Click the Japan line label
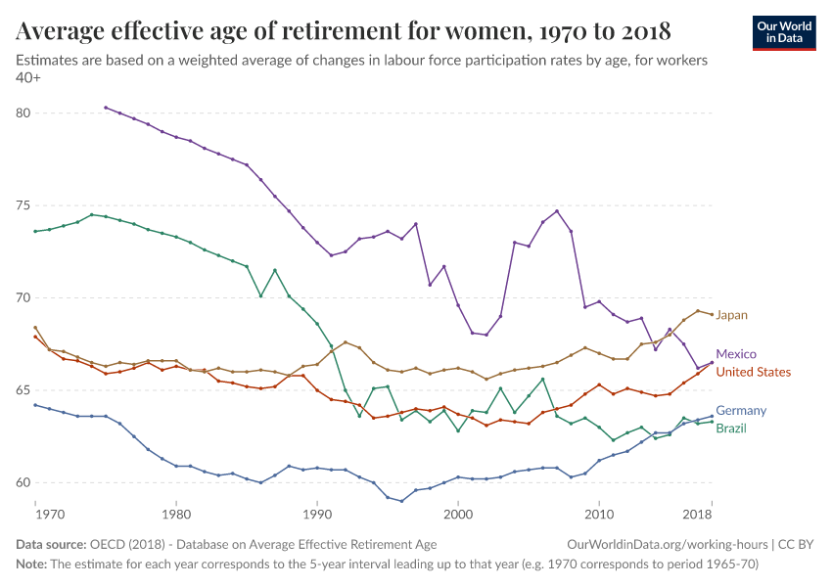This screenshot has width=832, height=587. pyautogui.click(x=731, y=315)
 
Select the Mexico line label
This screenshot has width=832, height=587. pyautogui.click(x=735, y=354)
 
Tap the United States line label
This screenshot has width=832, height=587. pyautogui.click(x=753, y=372)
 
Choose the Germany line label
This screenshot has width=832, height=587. pyautogui.click(x=740, y=411)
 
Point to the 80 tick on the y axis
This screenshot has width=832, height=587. pyautogui.click(x=23, y=113)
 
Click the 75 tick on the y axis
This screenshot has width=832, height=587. pyautogui.click(x=23, y=205)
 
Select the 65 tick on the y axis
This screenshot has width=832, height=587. pyautogui.click(x=23, y=390)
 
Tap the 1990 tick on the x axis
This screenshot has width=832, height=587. pyautogui.click(x=317, y=515)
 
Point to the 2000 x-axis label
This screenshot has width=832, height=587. pyautogui.click(x=458, y=515)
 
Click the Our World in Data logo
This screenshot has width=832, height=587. pyautogui.click(x=784, y=31)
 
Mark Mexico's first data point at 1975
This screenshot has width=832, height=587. pyautogui.click(x=106, y=108)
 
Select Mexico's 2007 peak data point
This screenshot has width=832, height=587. pyautogui.click(x=557, y=211)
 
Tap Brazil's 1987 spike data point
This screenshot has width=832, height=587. pyautogui.click(x=275, y=270)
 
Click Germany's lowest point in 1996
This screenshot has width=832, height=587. pyautogui.click(x=401, y=501)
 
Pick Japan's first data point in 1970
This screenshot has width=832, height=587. pyautogui.click(x=35, y=328)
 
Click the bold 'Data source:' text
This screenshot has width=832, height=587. pyautogui.click(x=49, y=544)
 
